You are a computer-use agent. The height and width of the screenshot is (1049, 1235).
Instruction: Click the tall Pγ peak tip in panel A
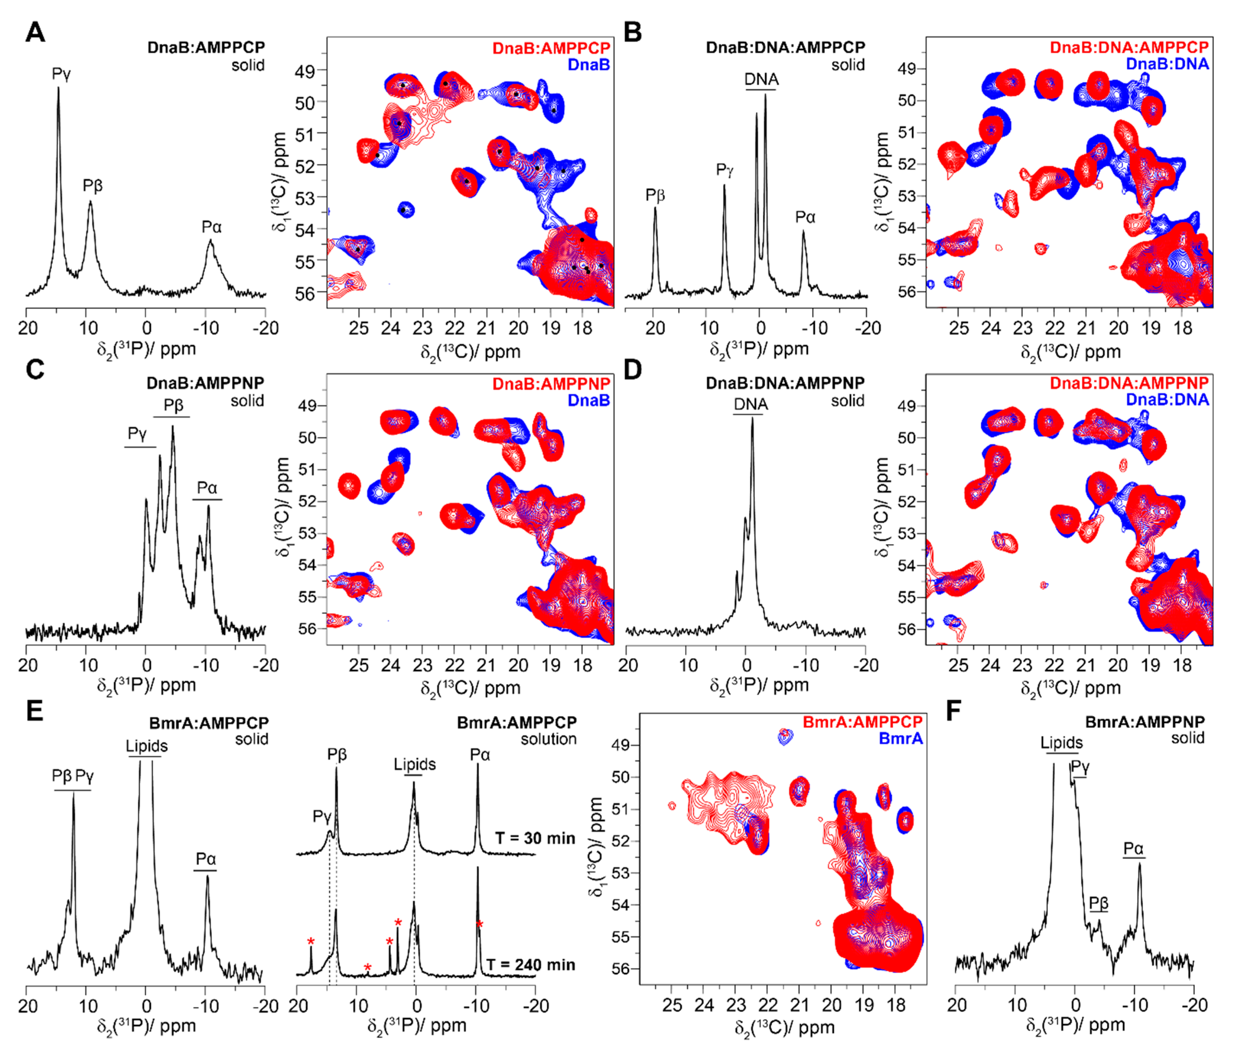click(58, 88)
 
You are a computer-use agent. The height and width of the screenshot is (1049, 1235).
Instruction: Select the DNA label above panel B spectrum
click(761, 79)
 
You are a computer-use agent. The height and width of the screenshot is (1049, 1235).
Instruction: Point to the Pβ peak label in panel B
click(655, 195)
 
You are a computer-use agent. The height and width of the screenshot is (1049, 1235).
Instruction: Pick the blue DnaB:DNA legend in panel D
click(1167, 400)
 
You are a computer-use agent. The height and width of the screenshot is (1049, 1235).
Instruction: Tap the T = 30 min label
click(535, 838)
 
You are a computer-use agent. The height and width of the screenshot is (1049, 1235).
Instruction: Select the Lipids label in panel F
click(1061, 743)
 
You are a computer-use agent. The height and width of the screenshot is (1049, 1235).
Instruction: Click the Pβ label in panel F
click(1098, 903)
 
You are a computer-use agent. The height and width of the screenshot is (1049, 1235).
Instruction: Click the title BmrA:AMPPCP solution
click(516, 730)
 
